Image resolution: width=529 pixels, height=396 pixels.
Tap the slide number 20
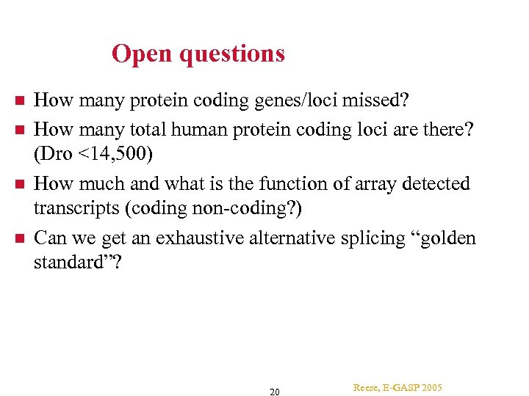click(x=274, y=392)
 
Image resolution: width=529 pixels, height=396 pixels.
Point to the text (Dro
click(x=55, y=155)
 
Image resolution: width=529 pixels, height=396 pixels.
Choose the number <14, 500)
click(x=118, y=155)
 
